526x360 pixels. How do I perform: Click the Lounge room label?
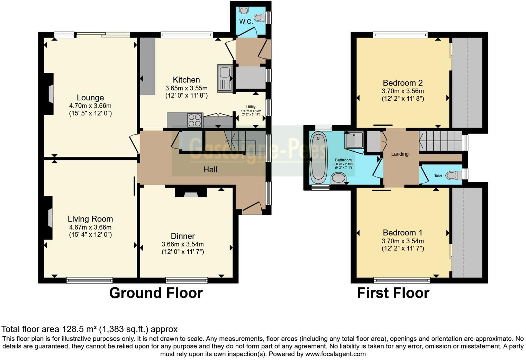(90, 98)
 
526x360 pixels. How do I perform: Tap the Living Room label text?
(90, 219)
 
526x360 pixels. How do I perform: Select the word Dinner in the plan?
(183, 236)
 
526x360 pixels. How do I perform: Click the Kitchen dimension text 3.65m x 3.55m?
(186, 88)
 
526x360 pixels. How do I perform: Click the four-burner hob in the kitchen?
(195, 120)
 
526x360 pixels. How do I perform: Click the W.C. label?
(246, 21)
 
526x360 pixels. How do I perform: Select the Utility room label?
(251, 107)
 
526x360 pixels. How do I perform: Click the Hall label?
(210, 169)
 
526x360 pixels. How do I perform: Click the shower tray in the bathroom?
(354, 140)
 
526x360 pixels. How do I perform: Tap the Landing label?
(400, 154)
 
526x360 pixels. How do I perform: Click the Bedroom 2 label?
(402, 83)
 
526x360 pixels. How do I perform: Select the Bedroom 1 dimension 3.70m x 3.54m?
(402, 241)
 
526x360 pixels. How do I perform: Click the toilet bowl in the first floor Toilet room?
(452, 175)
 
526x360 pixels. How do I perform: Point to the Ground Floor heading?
(156, 293)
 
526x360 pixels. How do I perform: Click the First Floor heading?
(393, 293)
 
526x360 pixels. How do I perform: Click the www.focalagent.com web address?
(335, 354)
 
